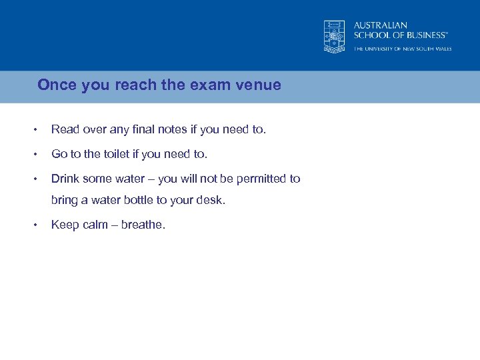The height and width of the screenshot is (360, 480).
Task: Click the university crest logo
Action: click(334, 36)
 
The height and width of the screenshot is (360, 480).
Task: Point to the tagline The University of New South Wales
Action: click(402, 49)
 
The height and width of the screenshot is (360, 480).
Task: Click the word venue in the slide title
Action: click(260, 85)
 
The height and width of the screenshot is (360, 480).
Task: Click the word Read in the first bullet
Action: click(65, 129)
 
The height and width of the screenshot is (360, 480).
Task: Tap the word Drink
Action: click(65, 179)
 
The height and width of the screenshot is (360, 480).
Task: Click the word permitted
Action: click(263, 179)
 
